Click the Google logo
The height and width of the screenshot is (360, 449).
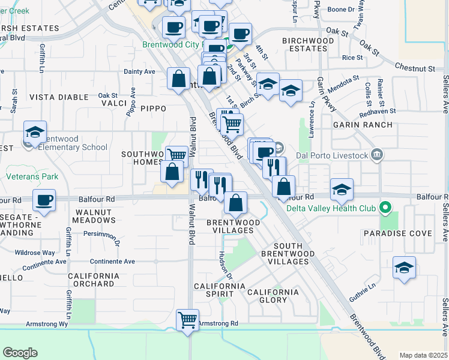20,353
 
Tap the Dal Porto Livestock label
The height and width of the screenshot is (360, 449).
340,155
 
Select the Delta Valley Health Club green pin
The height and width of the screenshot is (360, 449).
387,209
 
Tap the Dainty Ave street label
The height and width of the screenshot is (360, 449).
139,71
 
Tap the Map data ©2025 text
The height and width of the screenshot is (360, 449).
423,355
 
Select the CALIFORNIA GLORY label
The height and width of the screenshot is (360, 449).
273,296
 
